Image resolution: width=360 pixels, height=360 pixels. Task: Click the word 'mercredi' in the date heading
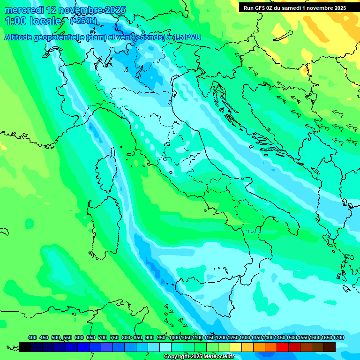pos(24,10)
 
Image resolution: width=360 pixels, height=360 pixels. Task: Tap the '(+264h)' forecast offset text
pos(83,21)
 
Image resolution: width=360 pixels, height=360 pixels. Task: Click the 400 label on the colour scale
pos(32,337)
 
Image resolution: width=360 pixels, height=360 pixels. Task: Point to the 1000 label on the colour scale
pos(174,337)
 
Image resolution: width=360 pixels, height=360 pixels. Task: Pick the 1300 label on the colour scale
pos(244,337)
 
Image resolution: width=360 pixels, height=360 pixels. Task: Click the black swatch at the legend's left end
pos(25,347)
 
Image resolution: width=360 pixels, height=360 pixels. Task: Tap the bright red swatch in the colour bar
pos(283,347)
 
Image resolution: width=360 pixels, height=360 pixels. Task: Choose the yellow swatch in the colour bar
pos(236,347)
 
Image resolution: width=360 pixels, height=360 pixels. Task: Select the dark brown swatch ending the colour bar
pos(330,347)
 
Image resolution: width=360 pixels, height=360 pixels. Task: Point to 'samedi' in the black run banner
pos(297,7)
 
